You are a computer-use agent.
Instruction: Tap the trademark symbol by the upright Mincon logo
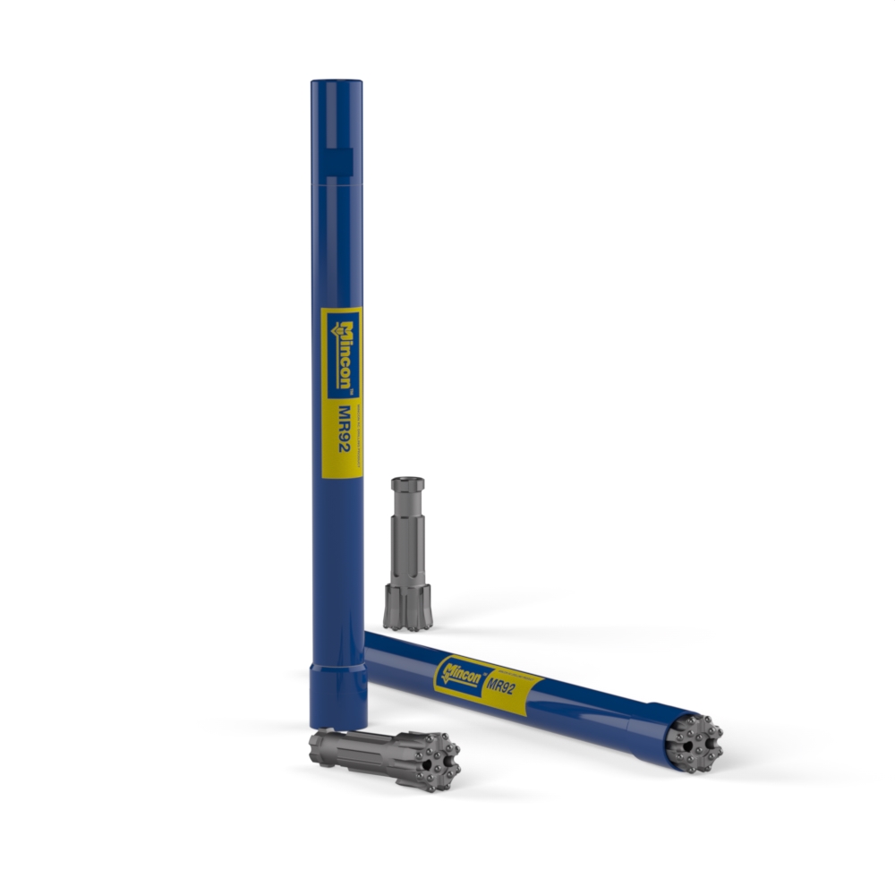[x=351, y=392]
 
